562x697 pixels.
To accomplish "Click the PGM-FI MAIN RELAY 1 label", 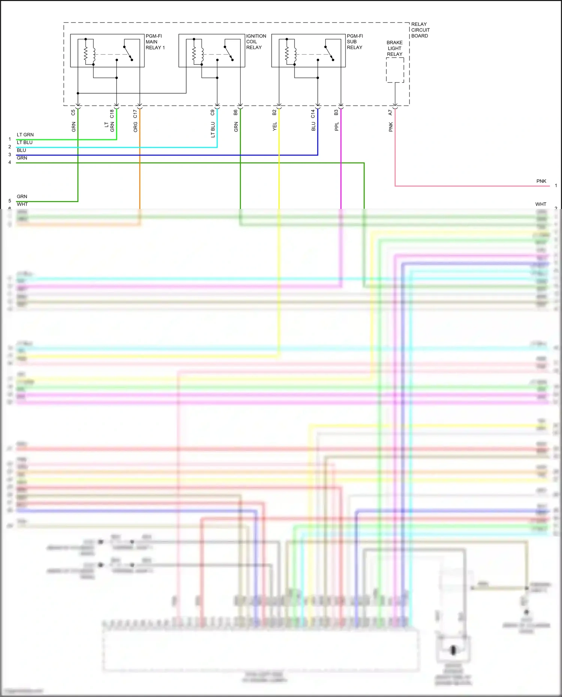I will [x=155, y=42].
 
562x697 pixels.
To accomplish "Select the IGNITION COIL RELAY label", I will [x=256, y=42].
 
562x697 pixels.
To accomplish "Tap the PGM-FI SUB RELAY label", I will [x=354, y=42].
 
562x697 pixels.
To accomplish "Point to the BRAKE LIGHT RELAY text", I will [x=395, y=48].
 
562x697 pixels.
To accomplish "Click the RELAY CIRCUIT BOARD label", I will [x=420, y=30].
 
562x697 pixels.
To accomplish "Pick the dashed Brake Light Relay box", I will [x=395, y=70].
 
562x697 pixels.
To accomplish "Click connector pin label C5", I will [x=73, y=112].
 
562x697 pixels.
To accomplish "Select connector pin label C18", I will [x=112, y=113].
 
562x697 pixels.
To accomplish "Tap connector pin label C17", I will [x=135, y=113].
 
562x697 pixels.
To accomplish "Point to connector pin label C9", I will [x=212, y=112].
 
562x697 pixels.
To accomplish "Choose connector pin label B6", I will [x=236, y=112].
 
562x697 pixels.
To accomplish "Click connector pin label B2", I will [x=274, y=112].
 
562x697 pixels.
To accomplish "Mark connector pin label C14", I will [x=313, y=113].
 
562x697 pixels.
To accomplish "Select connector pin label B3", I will [x=336, y=112].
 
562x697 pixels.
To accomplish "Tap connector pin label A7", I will [x=390, y=112].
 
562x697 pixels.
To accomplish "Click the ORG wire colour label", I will [x=135, y=127].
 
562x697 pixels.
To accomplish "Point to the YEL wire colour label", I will [x=274, y=126].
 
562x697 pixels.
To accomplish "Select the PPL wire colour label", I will [x=336, y=127].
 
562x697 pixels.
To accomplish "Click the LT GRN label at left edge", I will [x=25, y=135].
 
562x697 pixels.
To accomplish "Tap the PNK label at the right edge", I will [x=541, y=181].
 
